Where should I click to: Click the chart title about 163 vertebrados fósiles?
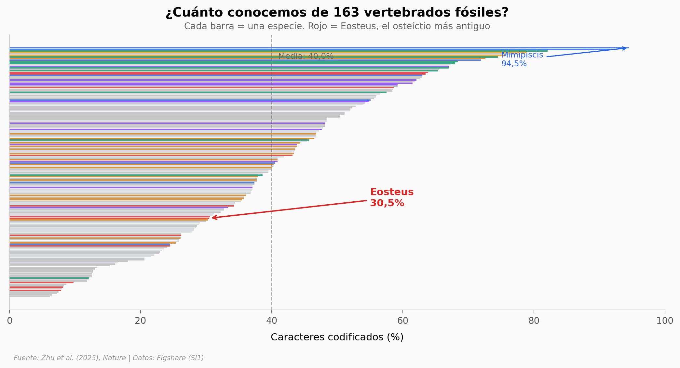click(x=337, y=13)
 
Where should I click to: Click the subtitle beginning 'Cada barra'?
click(x=337, y=26)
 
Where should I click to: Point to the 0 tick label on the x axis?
click(x=10, y=321)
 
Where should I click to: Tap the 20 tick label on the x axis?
click(x=141, y=321)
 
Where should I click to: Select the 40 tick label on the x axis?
click(x=272, y=321)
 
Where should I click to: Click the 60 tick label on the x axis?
click(x=403, y=321)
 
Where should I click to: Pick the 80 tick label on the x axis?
click(x=534, y=321)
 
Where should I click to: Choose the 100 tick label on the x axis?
click(x=665, y=321)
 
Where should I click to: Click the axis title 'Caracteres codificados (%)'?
click(x=337, y=337)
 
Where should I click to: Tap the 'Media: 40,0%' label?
click(x=306, y=56)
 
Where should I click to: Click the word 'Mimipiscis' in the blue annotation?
click(x=522, y=55)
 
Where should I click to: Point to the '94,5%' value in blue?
click(x=514, y=64)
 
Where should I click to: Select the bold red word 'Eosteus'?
click(x=392, y=192)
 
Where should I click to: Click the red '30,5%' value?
click(x=387, y=203)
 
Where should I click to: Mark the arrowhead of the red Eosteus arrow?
click(x=213, y=218)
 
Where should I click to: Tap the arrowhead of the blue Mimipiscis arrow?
click(x=625, y=48)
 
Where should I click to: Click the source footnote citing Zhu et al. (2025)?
click(x=109, y=358)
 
